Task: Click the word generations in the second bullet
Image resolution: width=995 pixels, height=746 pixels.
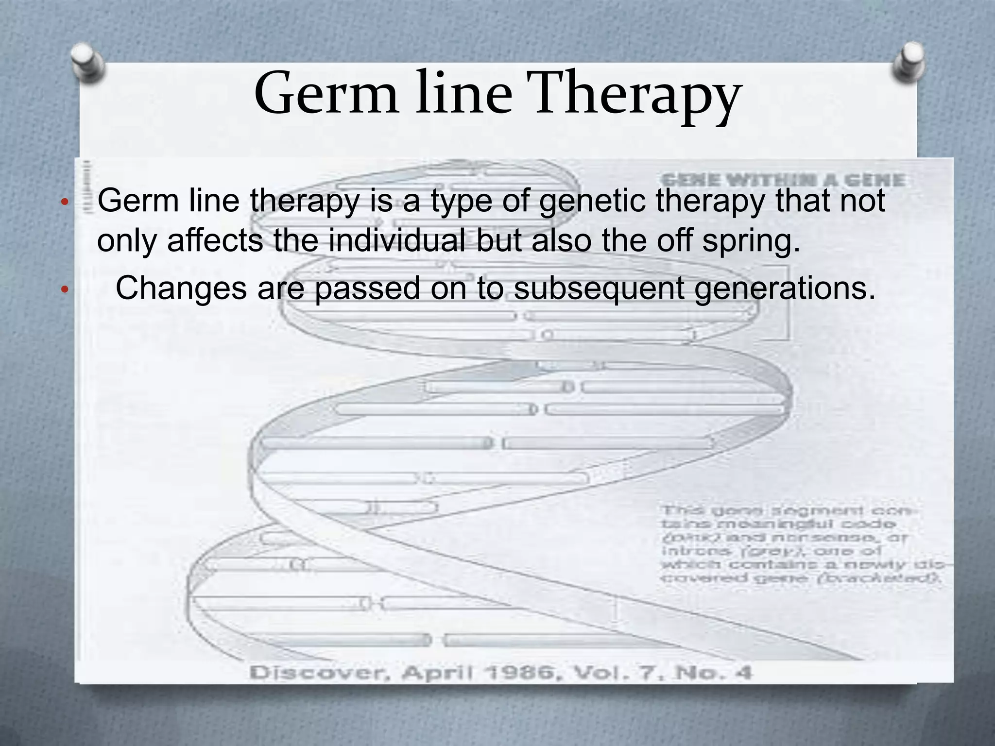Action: [x=785, y=289]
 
